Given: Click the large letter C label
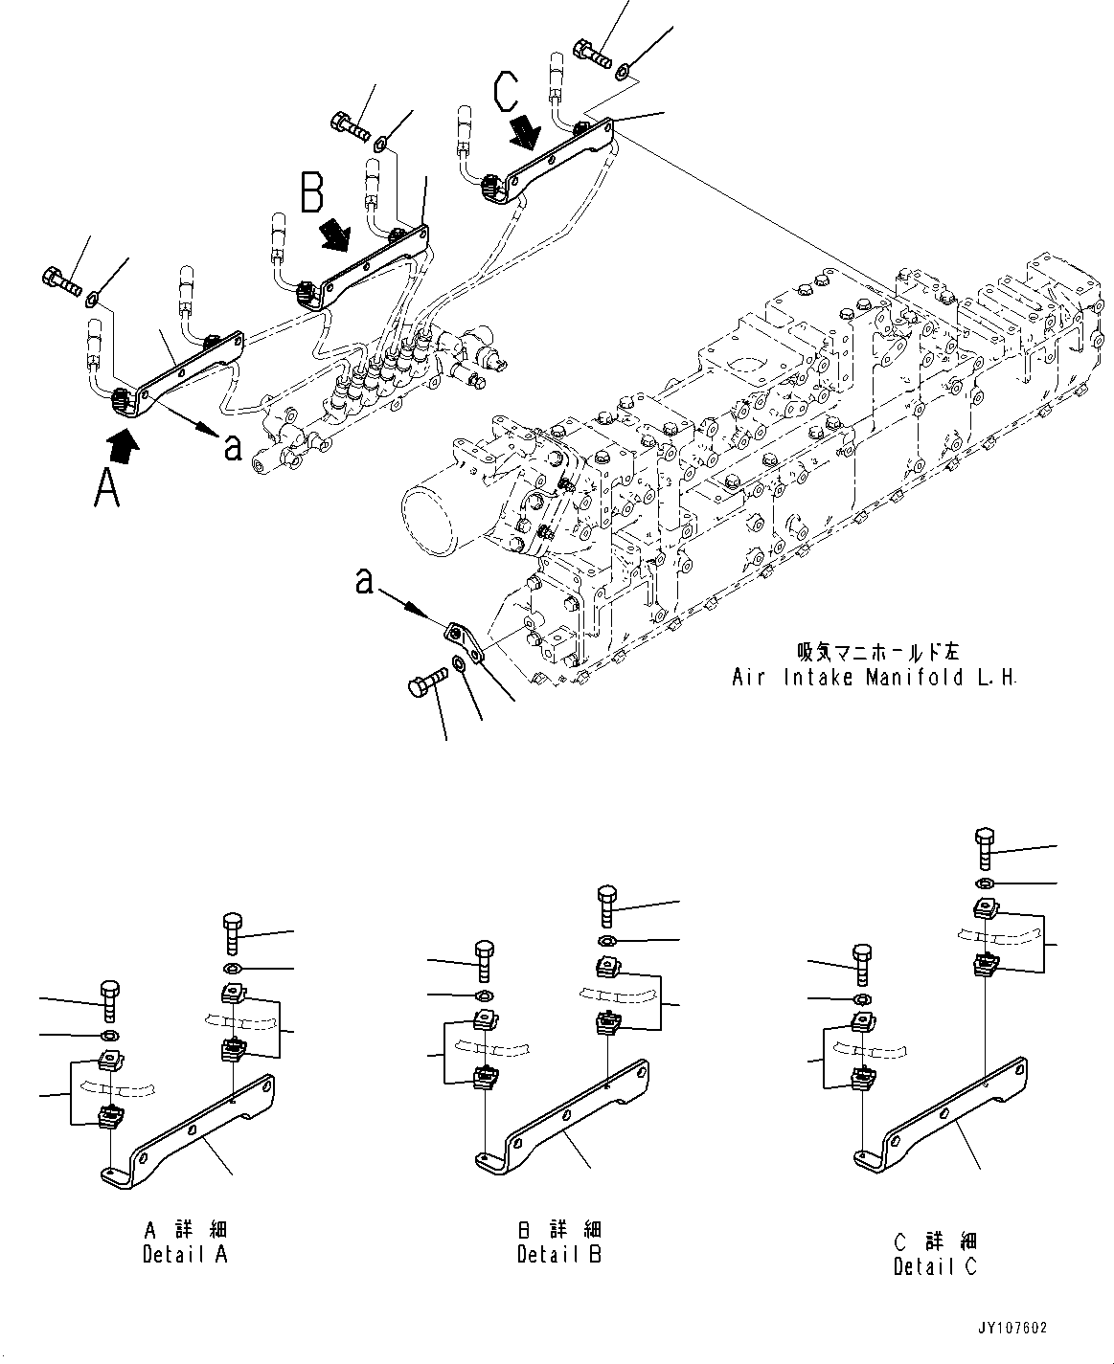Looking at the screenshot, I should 507,91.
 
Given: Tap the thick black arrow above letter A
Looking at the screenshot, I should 123,442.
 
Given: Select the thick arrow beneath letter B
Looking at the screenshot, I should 336,233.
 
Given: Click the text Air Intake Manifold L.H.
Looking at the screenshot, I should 873,678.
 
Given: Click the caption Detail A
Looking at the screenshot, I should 186,1254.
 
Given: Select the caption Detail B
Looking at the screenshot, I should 559,1254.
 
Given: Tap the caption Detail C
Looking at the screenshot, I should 935,1266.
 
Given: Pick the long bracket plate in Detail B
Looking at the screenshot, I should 565,1118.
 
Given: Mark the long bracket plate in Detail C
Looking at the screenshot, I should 943,1115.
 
